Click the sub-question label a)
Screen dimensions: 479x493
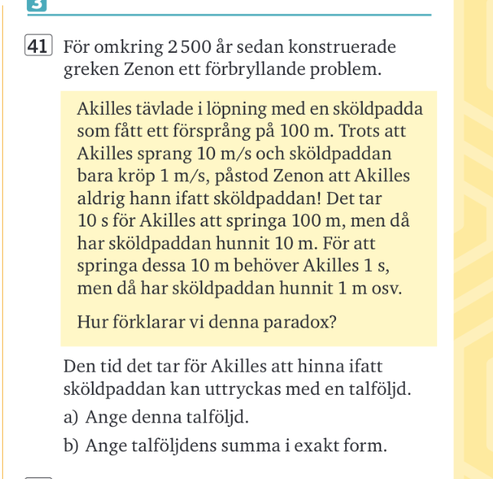pos(72,418)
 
